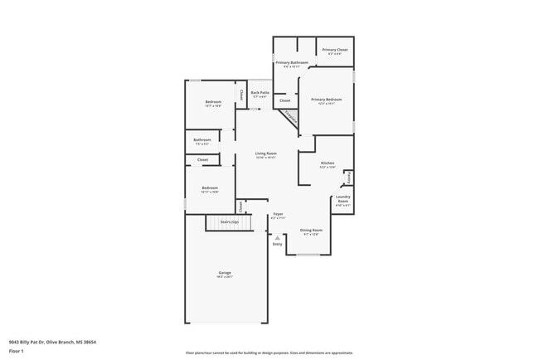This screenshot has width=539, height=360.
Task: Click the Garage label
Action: pyautogui.click(x=225, y=272)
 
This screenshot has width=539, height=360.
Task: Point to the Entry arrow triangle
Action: pyautogui.click(x=278, y=238)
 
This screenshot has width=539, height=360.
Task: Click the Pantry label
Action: pyautogui.click(x=348, y=178)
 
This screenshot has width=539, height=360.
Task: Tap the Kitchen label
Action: pyautogui.click(x=328, y=163)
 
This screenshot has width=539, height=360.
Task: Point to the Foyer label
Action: pyautogui.click(x=278, y=213)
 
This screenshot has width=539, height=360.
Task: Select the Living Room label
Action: pyautogui.click(x=265, y=153)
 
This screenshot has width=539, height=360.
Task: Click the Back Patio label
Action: pyautogui.click(x=260, y=92)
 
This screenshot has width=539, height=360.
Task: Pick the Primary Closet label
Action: pyautogui.click(x=335, y=50)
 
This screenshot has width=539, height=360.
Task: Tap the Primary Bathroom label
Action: pyautogui.click(x=292, y=63)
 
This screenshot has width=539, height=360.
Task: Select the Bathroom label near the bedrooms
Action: pyautogui.click(x=202, y=139)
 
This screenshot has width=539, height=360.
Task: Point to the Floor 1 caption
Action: pyautogui.click(x=17, y=352)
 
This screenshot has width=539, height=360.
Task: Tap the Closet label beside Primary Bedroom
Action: pyautogui.click(x=284, y=100)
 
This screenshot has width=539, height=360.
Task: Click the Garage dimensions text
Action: pyautogui.click(x=225, y=277)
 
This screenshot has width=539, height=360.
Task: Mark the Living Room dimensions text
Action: pyautogui.click(x=265, y=158)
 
